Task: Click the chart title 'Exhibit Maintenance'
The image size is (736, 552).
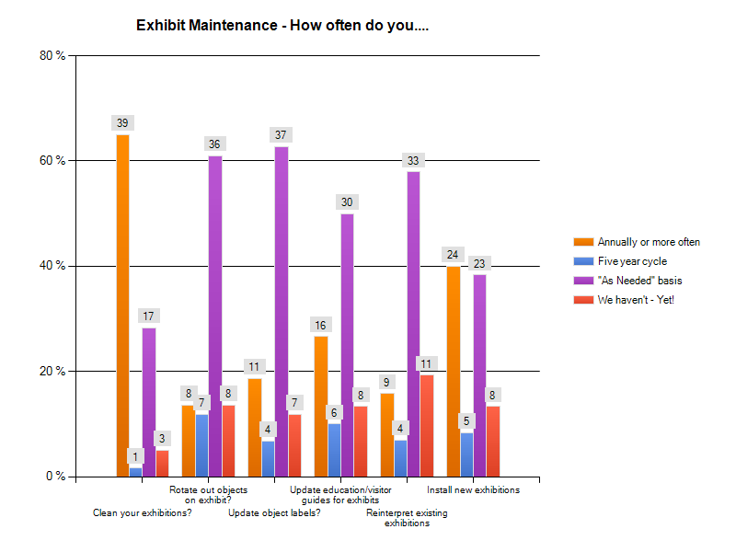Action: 282,25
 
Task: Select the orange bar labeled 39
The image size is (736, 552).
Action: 122,304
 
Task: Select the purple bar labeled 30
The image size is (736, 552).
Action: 347,345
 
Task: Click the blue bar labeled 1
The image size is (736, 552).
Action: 136,472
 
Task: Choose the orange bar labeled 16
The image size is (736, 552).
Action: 321,406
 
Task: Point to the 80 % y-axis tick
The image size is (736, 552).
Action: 53,55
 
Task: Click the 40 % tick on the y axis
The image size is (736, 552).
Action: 53,266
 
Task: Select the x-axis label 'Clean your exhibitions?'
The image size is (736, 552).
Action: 143,512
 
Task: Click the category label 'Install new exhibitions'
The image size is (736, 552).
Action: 473,490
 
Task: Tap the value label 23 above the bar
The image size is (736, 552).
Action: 479,264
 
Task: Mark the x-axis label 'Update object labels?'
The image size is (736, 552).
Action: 274,512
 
